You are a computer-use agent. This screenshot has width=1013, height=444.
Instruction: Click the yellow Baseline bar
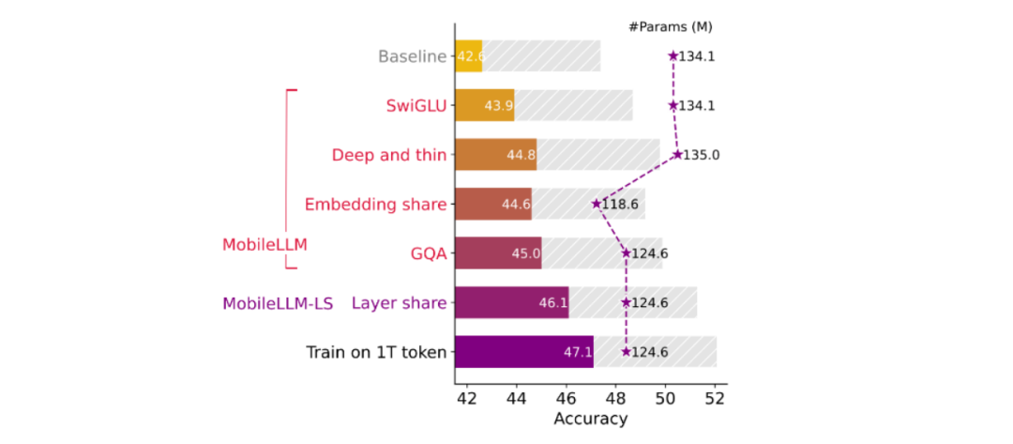[x=468, y=56]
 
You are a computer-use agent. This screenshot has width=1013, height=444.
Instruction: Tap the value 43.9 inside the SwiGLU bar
[x=498, y=106]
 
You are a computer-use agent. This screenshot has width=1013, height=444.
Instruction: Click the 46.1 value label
[x=552, y=303]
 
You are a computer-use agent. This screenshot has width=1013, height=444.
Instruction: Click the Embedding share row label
[x=375, y=204]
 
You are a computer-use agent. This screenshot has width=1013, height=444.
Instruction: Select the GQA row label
[x=427, y=253]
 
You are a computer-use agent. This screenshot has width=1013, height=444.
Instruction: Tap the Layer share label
[x=399, y=302]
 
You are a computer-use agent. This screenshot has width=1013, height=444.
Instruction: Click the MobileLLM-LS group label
[x=278, y=303]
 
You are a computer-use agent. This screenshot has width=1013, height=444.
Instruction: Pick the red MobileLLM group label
[x=265, y=245]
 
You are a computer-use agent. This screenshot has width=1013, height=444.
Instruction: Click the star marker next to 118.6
[x=596, y=203]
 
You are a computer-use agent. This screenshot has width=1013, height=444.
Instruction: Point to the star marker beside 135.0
[x=677, y=154]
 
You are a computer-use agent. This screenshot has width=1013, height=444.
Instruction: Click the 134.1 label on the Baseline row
[x=697, y=56]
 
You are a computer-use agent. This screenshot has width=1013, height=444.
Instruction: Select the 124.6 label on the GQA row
[x=649, y=253]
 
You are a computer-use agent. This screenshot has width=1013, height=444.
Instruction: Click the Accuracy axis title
[x=590, y=419]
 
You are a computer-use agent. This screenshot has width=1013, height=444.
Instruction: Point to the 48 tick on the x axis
[x=615, y=398]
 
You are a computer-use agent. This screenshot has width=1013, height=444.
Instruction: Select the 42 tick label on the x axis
[x=466, y=398]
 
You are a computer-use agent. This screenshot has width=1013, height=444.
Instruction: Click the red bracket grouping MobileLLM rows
[x=286, y=178]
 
